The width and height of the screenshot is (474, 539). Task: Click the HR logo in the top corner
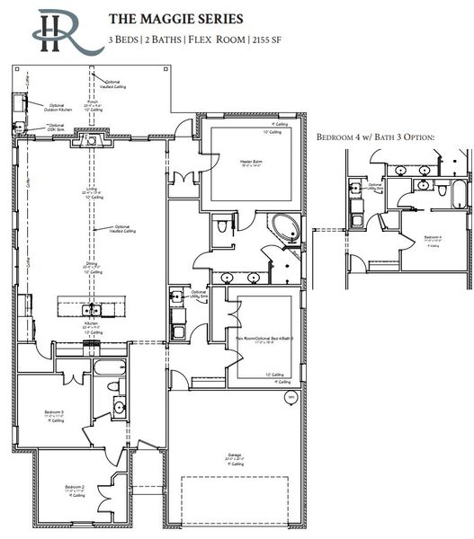click(x=56, y=31)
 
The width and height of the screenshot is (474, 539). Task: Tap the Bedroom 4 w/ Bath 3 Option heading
click(x=376, y=137)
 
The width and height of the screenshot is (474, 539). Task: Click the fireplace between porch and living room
click(x=92, y=140)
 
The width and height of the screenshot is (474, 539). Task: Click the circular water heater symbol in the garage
click(x=290, y=396)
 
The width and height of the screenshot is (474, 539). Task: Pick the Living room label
click(x=92, y=190)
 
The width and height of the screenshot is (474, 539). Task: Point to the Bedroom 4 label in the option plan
click(x=433, y=238)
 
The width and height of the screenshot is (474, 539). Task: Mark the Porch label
click(x=92, y=102)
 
